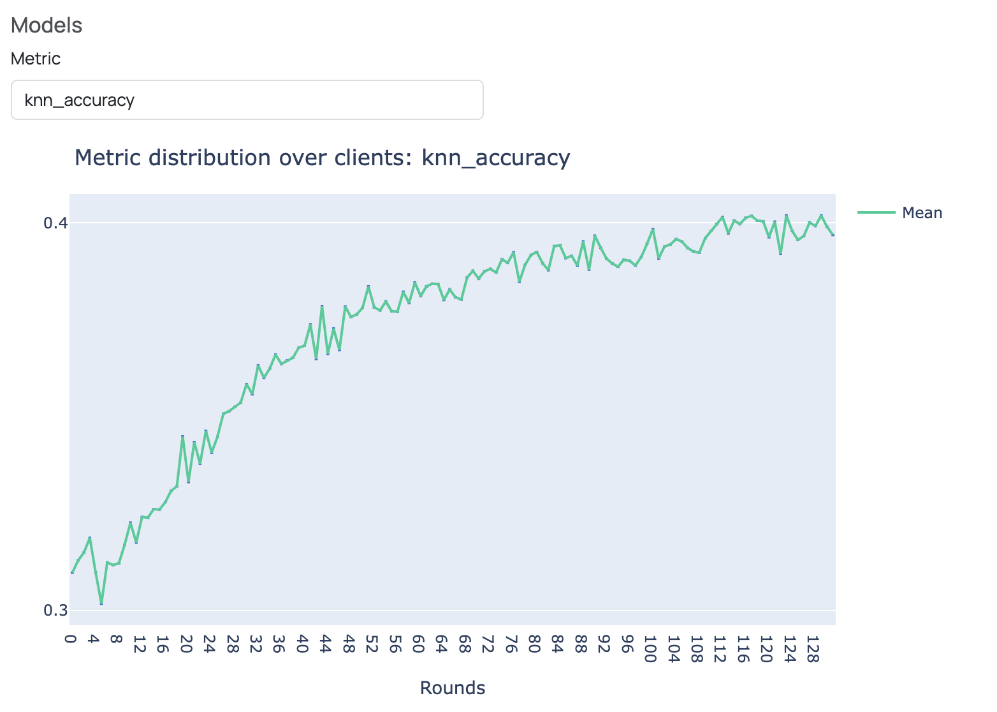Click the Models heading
coord(47,26)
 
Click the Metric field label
coord(36,59)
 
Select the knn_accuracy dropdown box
coord(247,100)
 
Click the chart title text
coord(322,158)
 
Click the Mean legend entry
coord(921,213)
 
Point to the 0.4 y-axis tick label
coord(55,223)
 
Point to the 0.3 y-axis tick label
coord(55,611)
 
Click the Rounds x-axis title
coord(453,688)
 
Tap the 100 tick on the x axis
coord(650,648)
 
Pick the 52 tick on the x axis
coord(372,644)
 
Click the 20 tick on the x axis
coord(187,644)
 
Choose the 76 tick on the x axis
coord(511,644)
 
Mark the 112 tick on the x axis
coord(720,648)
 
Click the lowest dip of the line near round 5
coord(101,604)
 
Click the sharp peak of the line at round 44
coord(322,307)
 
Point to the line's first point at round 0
coord(72,573)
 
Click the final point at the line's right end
coord(833,235)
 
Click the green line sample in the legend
coord(876,213)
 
